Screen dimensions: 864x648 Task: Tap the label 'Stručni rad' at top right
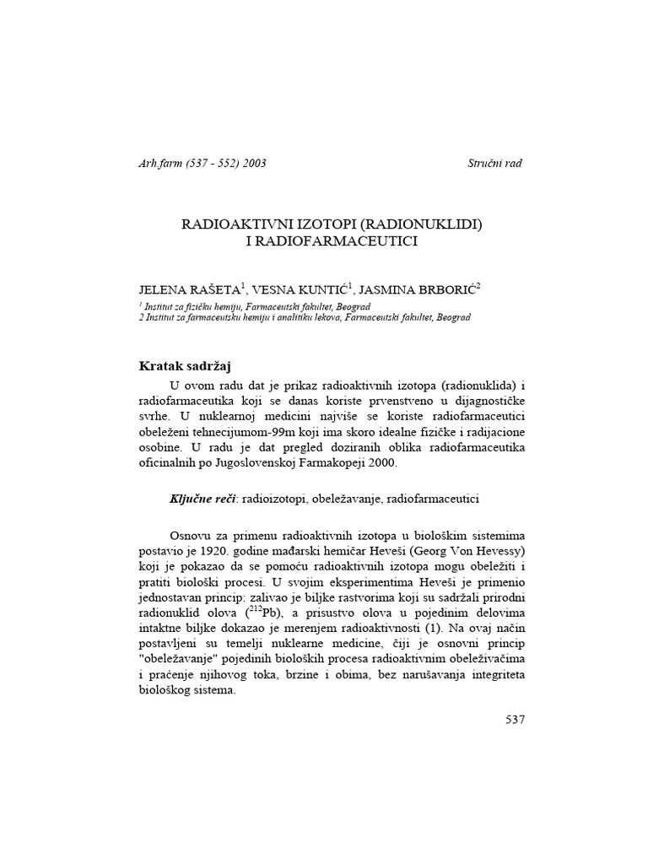tap(494, 163)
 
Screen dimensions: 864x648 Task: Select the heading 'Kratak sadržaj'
tap(184, 365)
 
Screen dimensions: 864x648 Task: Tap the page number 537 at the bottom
tap(514, 720)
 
